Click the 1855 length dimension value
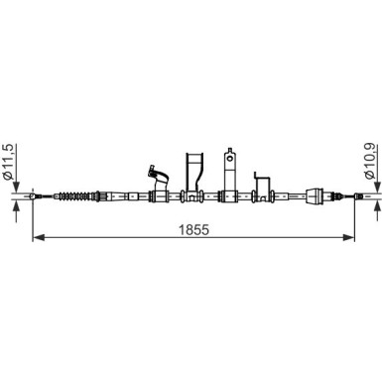pos(193,229)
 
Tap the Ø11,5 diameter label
pos(8,162)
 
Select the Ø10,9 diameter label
pos(370,161)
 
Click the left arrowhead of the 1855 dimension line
pos(39,237)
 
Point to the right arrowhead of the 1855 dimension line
pos(348,237)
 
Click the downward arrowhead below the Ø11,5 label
pos(17,187)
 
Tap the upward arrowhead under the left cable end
pos(17,207)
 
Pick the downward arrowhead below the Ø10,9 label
pos(378,187)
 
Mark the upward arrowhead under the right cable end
pos(378,207)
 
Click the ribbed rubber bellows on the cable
pos(75,196)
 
